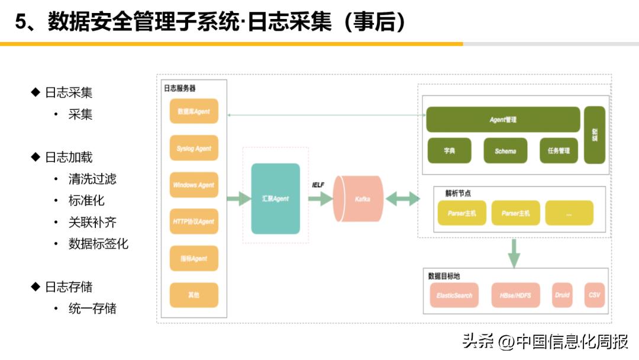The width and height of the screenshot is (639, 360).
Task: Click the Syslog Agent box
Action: coord(193,148)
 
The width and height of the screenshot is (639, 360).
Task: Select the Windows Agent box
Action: coord(193,185)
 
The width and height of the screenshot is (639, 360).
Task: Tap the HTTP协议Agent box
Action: coord(193,221)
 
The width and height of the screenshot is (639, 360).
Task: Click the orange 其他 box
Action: coord(193,294)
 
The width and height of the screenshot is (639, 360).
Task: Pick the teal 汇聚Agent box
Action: coord(275,198)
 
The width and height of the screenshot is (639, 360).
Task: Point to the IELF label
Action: coord(318,185)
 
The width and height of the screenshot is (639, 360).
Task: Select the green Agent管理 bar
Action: coord(503,120)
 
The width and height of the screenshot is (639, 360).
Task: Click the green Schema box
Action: coord(505,151)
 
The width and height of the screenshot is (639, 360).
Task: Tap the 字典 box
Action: coord(449,151)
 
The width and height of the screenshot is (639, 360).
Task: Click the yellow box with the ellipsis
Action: coord(569,213)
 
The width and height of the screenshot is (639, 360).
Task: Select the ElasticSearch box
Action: coord(454,295)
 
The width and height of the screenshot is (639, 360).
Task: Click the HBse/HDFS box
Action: coord(515,295)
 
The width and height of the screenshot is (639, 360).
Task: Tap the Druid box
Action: coord(562,295)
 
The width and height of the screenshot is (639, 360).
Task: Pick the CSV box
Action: coord(594,295)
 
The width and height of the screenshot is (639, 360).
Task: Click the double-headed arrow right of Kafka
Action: coord(403,199)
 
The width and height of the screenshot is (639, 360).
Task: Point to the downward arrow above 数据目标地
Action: coord(514,253)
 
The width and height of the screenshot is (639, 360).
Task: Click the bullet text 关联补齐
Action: coord(92,222)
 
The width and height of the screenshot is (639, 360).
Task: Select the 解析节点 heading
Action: coord(457,193)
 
